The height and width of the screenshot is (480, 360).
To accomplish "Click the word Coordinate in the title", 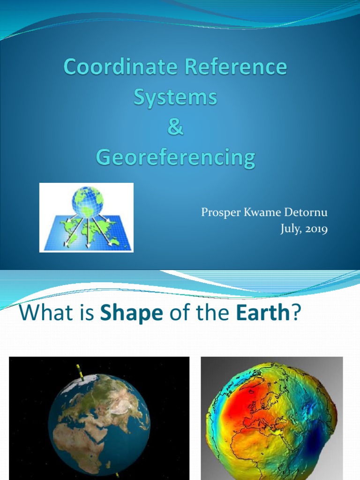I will (x=121, y=67).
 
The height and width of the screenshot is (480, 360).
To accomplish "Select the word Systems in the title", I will (x=176, y=97).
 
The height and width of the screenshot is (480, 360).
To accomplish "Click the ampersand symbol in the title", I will (x=176, y=127).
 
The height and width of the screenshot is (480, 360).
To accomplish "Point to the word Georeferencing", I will (x=176, y=158).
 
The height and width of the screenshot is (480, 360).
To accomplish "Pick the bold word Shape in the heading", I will (x=132, y=314).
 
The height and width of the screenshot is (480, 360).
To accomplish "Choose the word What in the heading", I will (x=42, y=314).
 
